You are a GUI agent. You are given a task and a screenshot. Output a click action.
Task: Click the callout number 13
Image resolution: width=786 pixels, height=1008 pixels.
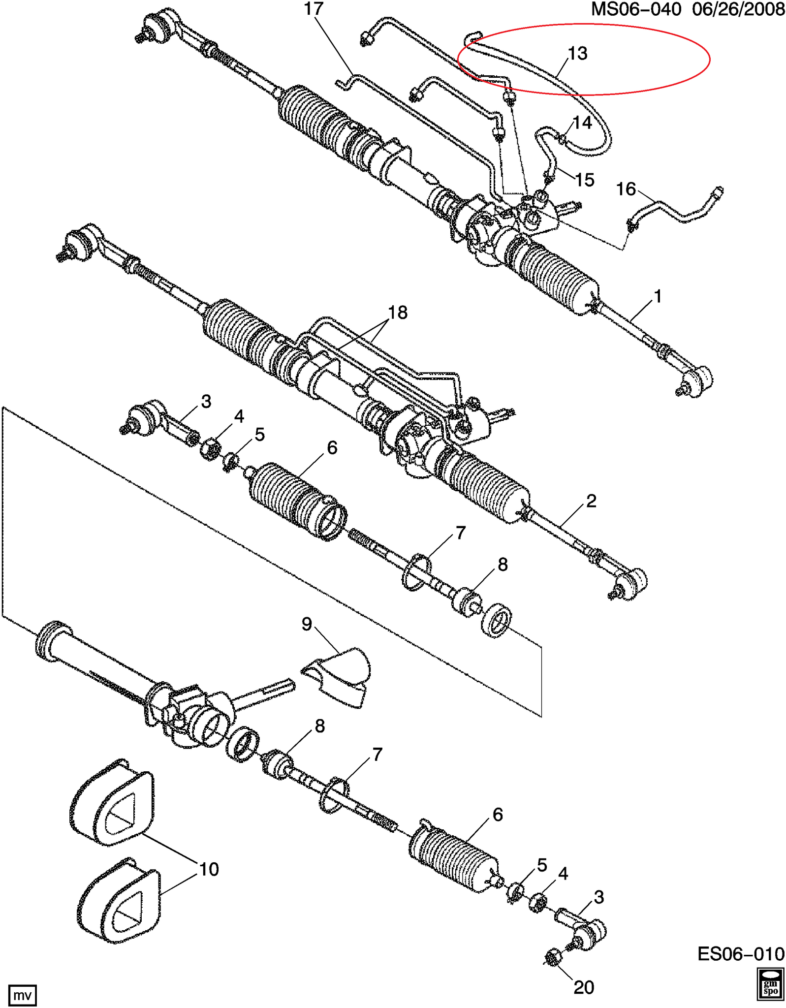[x=577, y=54]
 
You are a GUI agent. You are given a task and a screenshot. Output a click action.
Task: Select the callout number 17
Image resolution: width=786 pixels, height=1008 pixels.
[x=314, y=9]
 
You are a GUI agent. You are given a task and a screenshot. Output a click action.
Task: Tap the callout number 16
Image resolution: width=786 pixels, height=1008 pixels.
[x=626, y=189]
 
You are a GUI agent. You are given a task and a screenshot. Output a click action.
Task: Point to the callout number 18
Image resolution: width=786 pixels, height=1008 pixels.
[x=398, y=313]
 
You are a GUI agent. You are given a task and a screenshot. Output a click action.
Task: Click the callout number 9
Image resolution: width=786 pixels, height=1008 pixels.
[x=307, y=624]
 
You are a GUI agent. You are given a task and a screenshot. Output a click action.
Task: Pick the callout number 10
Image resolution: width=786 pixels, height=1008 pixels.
[x=209, y=869]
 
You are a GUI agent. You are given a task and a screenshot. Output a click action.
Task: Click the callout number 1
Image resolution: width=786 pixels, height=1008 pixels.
[x=658, y=296]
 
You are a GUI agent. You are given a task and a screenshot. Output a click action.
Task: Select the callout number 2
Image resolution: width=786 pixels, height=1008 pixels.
[x=591, y=501]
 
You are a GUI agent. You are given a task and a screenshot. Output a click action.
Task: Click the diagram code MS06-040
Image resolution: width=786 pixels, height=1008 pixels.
[x=635, y=9]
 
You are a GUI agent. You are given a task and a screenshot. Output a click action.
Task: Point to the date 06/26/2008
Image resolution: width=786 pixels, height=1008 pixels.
[x=738, y=9]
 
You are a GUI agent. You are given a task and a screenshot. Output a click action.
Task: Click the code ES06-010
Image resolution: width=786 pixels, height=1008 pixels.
[x=740, y=954]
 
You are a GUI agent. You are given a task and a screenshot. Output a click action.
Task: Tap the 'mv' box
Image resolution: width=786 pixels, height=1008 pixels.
[x=22, y=996]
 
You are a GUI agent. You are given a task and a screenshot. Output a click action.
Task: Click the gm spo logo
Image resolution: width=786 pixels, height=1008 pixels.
[x=770, y=985]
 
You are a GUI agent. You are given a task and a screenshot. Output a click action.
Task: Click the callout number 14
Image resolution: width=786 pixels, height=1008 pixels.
[x=582, y=123]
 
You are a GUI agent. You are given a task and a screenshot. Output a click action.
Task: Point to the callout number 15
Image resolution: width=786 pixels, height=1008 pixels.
[x=584, y=180]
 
